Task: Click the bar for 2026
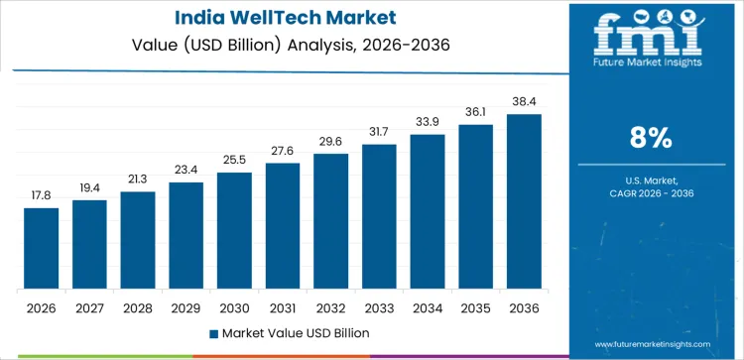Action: click(x=42, y=248)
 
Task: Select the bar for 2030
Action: click(x=234, y=230)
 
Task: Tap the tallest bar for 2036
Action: click(x=524, y=201)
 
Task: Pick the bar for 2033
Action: click(x=379, y=216)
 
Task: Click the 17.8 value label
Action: click(x=42, y=195)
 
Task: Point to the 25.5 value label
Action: click(x=234, y=160)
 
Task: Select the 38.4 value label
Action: click(x=524, y=101)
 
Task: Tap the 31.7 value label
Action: click(x=379, y=132)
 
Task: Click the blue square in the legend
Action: click(x=214, y=332)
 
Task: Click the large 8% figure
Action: click(x=653, y=138)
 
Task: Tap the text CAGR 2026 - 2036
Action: click(x=653, y=193)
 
